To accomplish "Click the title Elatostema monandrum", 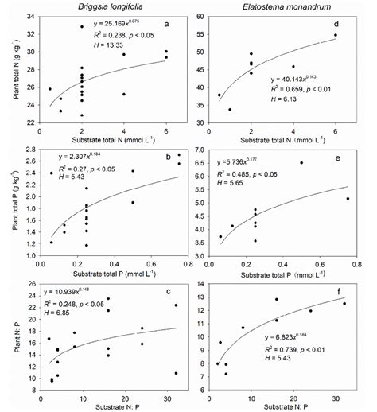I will tap(281, 6).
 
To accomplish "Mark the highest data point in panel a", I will tap(82, 27).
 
